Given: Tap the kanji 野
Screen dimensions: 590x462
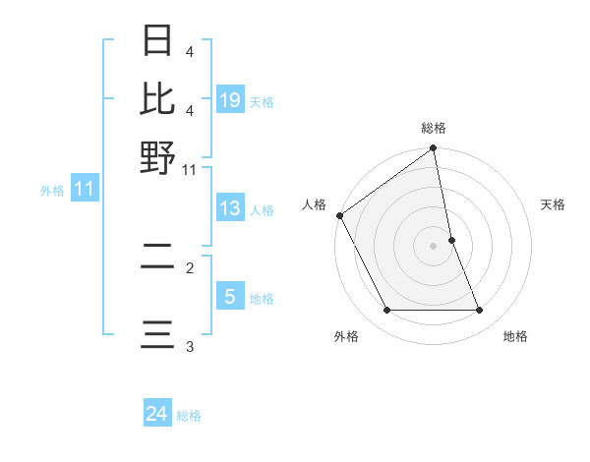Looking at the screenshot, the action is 157,155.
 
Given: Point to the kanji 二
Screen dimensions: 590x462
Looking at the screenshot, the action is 157,258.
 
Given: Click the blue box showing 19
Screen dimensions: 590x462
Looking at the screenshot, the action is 229,100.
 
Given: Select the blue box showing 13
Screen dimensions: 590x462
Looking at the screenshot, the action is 229,208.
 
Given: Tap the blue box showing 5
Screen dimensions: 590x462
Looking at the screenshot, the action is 229,297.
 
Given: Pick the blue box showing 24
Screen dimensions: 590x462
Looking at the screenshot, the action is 156,415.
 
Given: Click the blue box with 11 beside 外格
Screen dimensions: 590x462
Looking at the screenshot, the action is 84,190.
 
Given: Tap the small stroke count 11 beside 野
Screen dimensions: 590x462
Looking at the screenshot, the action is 189,169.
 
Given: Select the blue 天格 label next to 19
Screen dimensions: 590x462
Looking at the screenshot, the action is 262,102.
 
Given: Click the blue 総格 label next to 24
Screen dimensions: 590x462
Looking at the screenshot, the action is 189,416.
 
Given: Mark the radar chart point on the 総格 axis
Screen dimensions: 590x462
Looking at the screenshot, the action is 434,149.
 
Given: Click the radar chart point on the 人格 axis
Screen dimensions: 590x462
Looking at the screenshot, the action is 340,215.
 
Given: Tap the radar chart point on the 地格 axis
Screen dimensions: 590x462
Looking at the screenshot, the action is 480,311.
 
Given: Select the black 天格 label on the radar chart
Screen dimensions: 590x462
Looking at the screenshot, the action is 554,204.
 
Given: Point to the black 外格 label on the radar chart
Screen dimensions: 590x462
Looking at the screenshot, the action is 346,337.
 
